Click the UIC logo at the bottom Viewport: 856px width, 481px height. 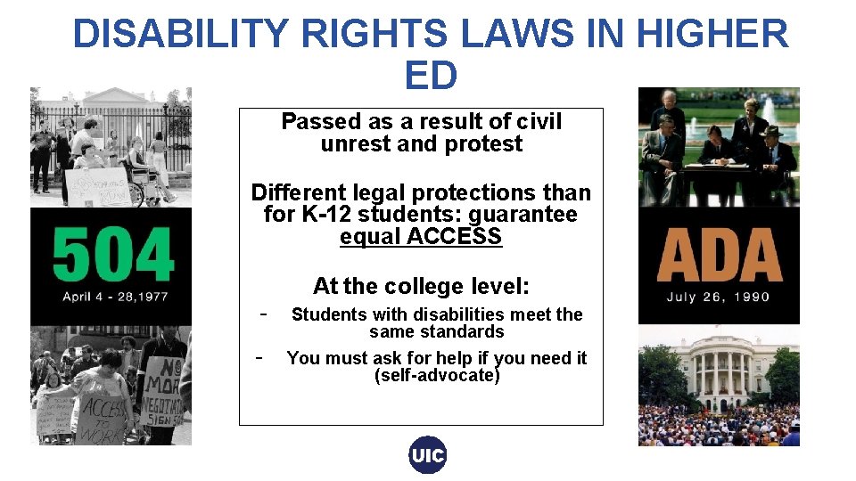[x=428, y=456]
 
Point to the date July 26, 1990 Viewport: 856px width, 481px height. [x=718, y=297]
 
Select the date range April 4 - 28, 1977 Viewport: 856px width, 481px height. [x=115, y=297]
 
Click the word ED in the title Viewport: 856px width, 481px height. [x=431, y=76]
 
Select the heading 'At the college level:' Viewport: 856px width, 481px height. [x=421, y=286]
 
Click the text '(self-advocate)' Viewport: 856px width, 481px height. [x=437, y=375]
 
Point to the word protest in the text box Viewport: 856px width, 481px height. [x=486, y=143]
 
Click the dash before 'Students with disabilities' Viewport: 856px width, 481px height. [x=262, y=314]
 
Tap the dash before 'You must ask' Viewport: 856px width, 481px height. [x=258, y=357]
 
